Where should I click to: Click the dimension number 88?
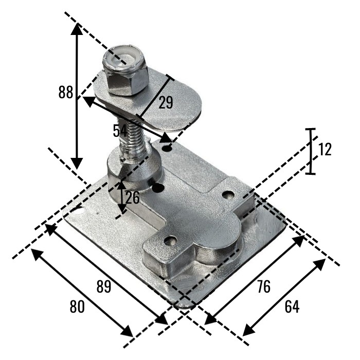(65, 92)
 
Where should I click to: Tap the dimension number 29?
(166, 102)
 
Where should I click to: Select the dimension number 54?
(120, 131)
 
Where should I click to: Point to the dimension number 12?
(325, 149)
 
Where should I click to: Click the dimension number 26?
(132, 197)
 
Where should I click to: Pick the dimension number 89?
(103, 286)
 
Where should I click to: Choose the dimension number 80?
(77, 307)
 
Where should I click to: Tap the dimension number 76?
(264, 287)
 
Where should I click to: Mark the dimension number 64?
(292, 307)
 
